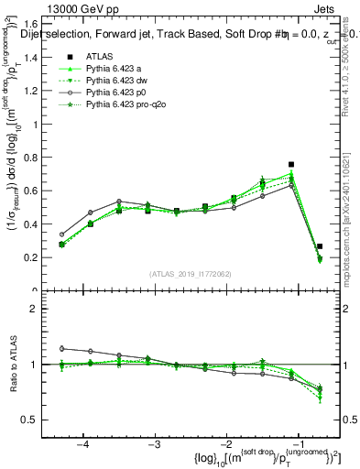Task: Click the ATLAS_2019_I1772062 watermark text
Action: pyautogui.click(x=189, y=274)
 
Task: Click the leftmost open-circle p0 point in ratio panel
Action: pyautogui.click(x=61, y=348)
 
